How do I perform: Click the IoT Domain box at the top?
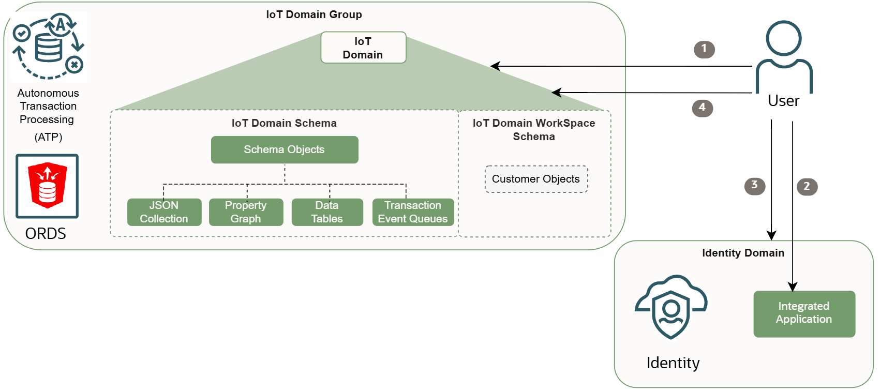click(x=363, y=48)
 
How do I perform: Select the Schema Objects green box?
click(x=285, y=149)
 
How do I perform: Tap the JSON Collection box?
click(x=164, y=212)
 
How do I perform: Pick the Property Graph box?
click(x=246, y=212)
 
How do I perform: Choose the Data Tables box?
click(x=327, y=212)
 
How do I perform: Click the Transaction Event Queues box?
click(x=413, y=212)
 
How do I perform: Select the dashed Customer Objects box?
click(x=536, y=179)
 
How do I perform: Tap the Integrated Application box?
click(x=804, y=313)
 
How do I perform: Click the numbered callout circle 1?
click(x=704, y=49)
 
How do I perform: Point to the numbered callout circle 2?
click(x=807, y=186)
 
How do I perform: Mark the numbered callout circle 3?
click(x=755, y=186)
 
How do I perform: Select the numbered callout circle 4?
click(x=703, y=108)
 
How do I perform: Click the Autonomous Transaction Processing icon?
click(x=48, y=47)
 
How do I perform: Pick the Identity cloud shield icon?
click(x=671, y=307)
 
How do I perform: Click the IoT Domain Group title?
click(x=314, y=14)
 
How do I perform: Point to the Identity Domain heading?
click(x=743, y=253)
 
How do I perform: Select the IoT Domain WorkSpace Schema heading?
click(x=534, y=130)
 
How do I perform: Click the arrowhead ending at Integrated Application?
click(x=793, y=287)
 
